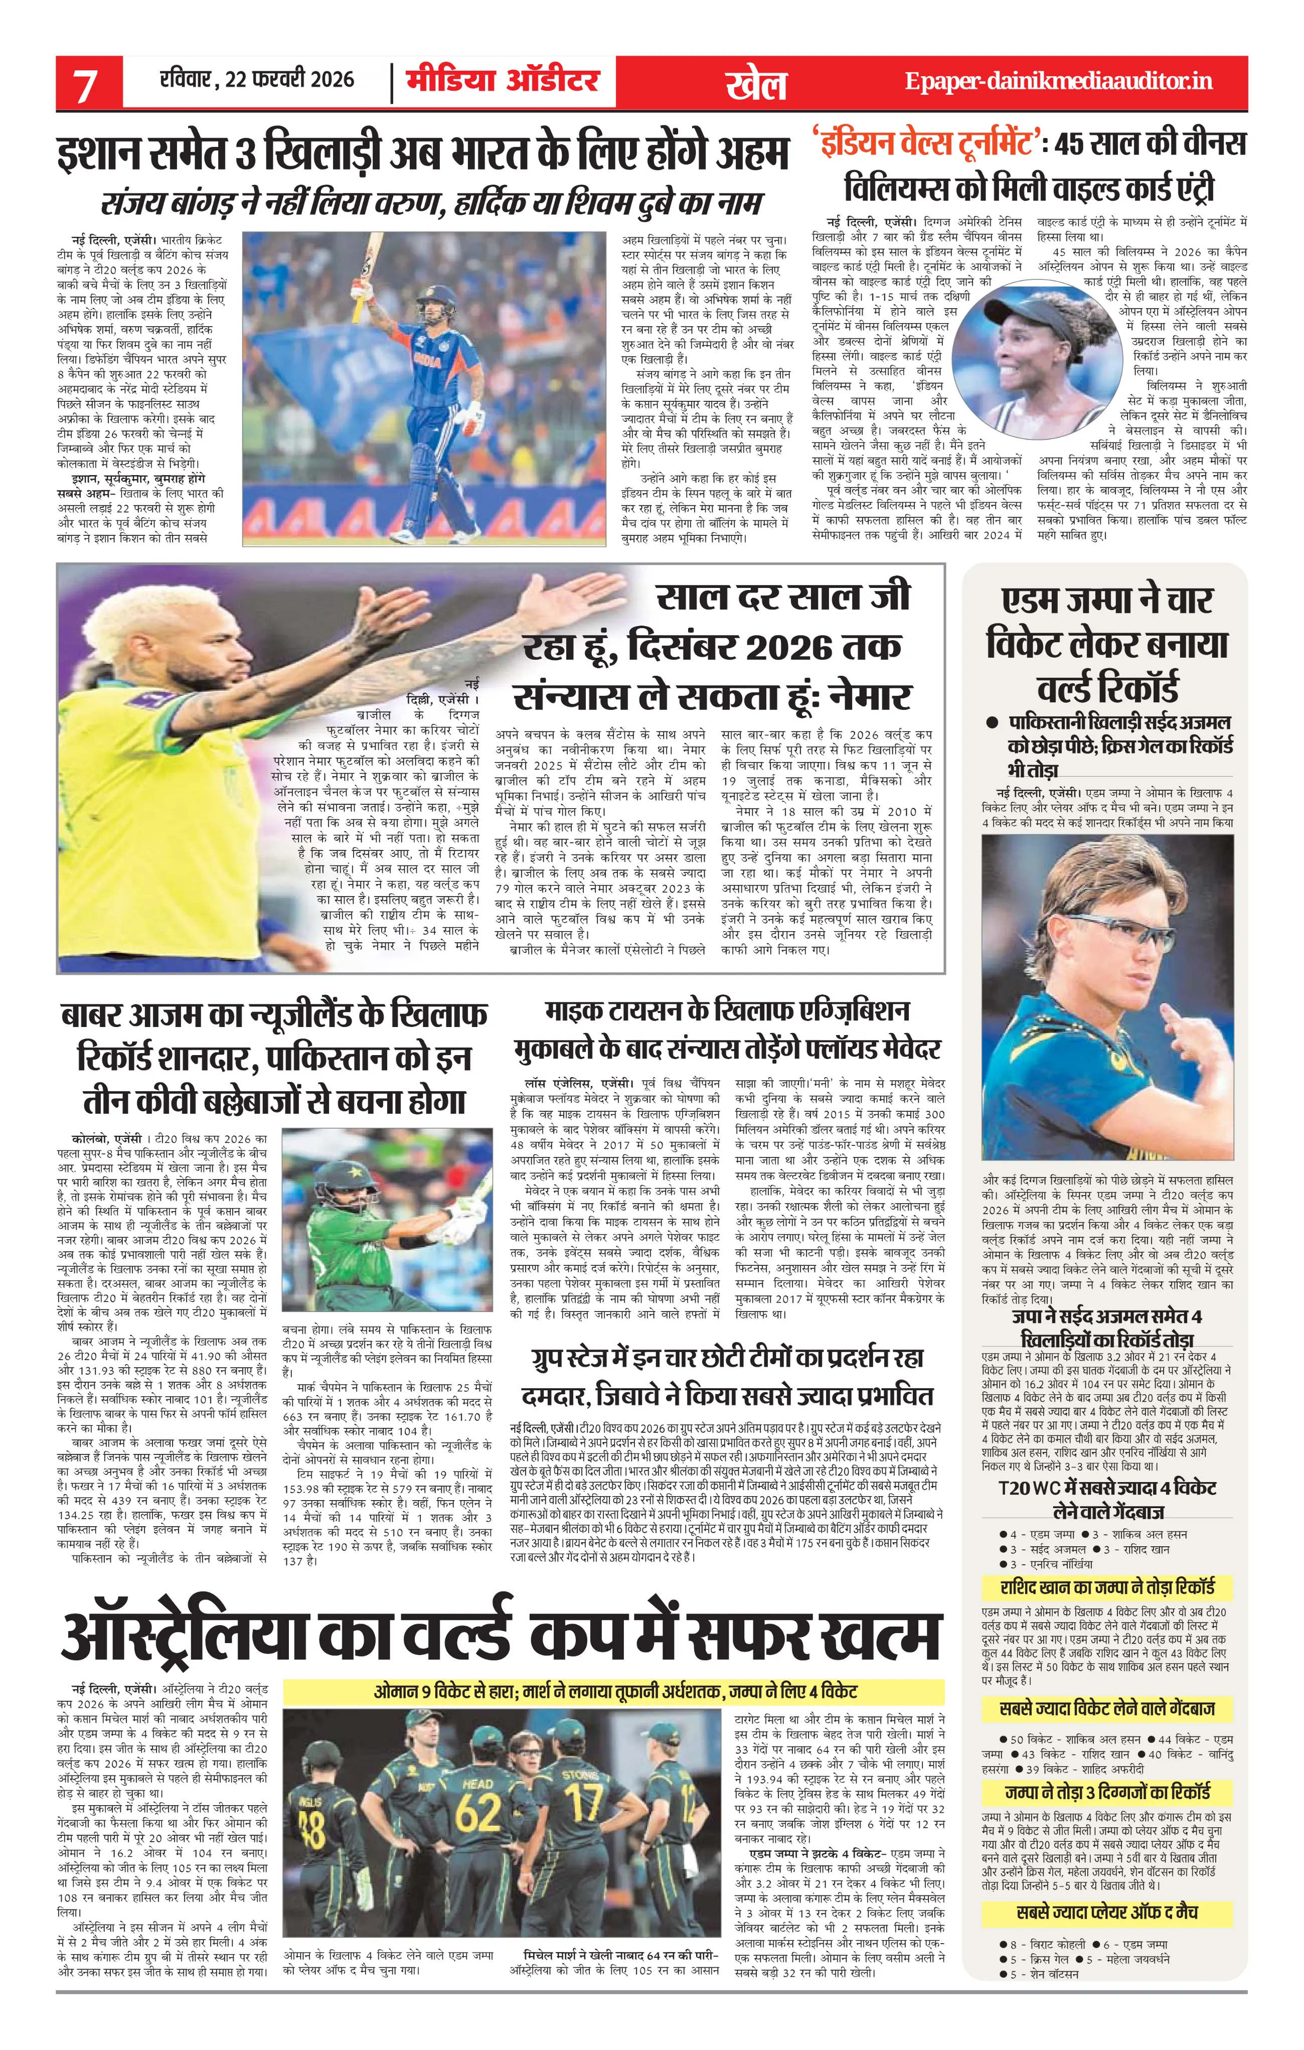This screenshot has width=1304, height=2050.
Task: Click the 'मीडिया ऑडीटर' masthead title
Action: [502, 81]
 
